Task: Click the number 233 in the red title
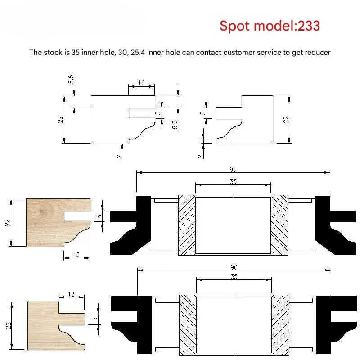coord(309,26)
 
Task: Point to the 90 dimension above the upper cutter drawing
coord(233,170)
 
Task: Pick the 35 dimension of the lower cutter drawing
coord(234,276)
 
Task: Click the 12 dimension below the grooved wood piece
coord(76,255)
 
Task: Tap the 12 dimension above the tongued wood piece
coord(71,294)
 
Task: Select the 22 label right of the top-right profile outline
coord(286,120)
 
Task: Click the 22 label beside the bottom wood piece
coord(9,325)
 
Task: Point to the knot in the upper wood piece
coord(41,211)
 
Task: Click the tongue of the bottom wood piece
coord(72,319)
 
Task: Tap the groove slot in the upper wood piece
coord(77,216)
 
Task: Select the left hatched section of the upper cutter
coord(187,225)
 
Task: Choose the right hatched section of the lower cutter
coord(280,325)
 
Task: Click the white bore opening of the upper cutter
coord(233,225)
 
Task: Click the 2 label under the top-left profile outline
coord(119,156)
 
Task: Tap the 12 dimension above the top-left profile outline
coord(141,83)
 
